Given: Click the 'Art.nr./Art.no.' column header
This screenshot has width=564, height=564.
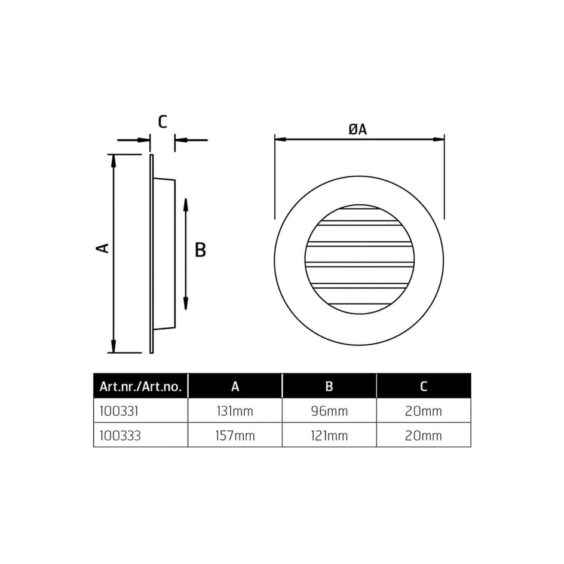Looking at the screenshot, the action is tap(140, 387).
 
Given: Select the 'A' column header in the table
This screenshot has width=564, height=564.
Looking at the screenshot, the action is tap(235, 387).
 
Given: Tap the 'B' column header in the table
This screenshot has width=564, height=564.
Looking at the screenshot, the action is tap(329, 387).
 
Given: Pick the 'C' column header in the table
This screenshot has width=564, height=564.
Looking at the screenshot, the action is tap(424, 387).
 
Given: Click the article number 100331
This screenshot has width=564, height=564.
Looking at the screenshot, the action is tap(119, 411).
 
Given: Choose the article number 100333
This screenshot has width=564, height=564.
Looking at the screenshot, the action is tap(120, 436).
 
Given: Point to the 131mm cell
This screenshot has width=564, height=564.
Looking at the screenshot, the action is tap(235, 411).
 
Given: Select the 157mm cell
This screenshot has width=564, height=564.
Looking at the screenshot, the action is tap(235, 436).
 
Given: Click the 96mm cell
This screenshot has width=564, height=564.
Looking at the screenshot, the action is tap(329, 411).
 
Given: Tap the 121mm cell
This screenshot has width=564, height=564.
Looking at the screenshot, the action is tap(329, 436).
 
